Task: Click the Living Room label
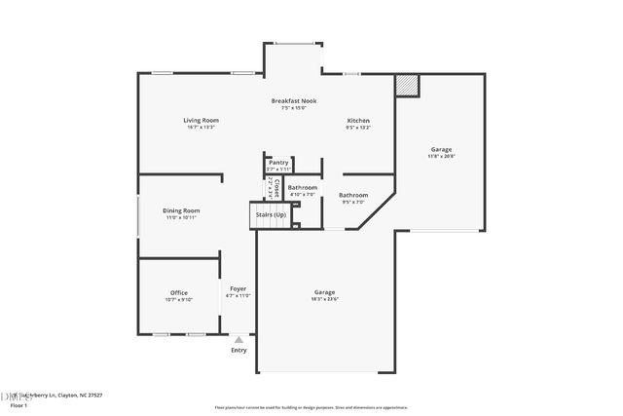(x=199, y=123)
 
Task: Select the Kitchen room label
(x=358, y=123)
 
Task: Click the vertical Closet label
(x=276, y=186)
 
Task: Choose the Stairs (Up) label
(x=271, y=214)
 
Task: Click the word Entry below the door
(x=238, y=350)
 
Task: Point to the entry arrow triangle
(x=238, y=338)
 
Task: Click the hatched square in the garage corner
(x=406, y=86)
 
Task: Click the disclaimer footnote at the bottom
(x=311, y=407)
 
